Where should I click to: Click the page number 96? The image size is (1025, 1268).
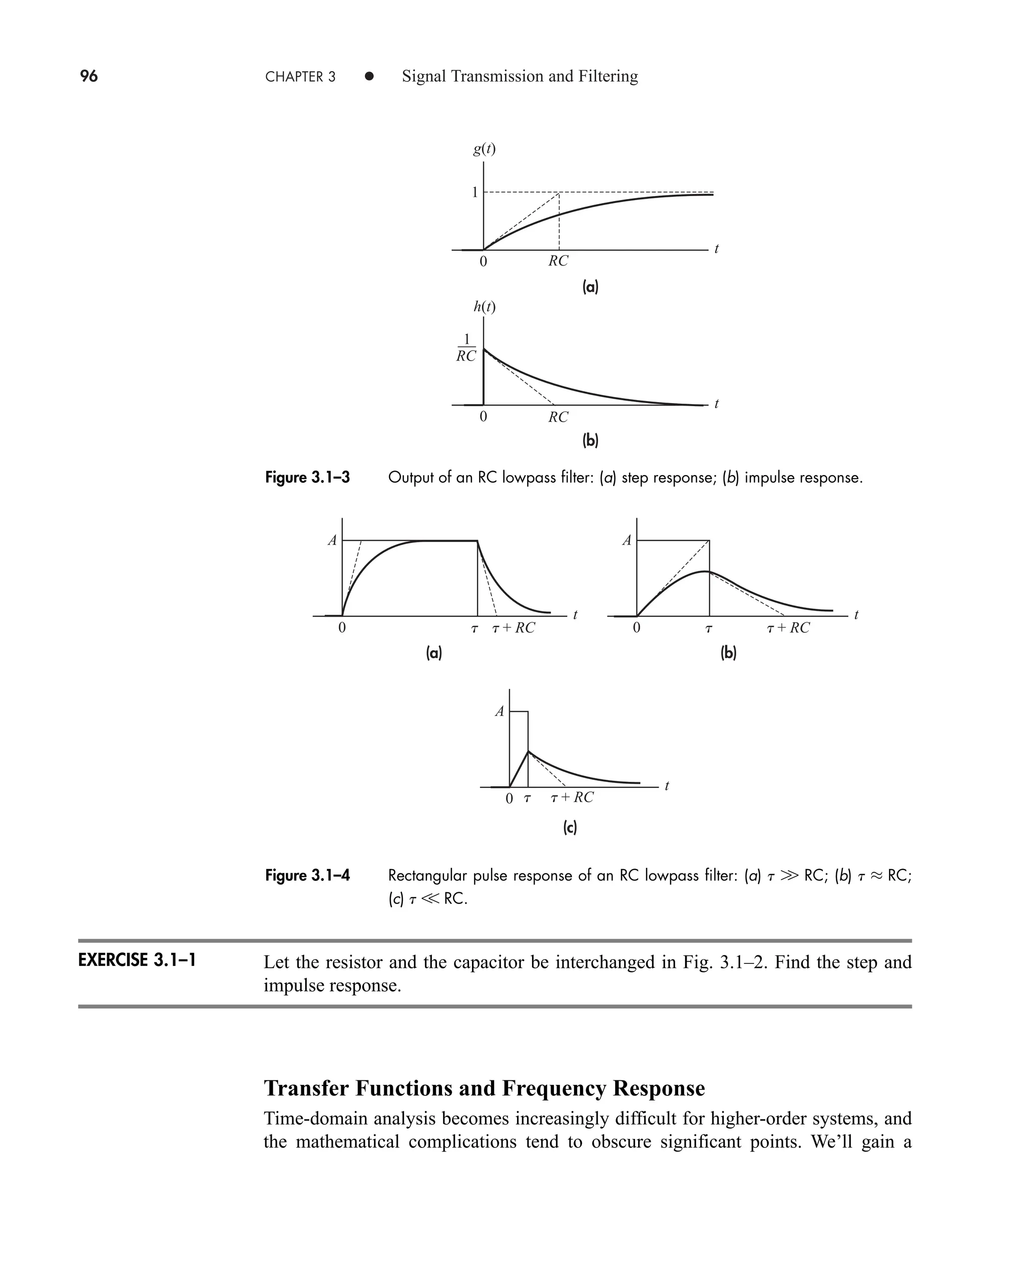(89, 76)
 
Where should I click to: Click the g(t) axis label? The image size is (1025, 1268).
(484, 149)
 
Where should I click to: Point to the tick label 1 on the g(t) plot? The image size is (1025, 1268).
(474, 193)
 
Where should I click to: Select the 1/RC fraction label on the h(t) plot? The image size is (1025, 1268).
(466, 348)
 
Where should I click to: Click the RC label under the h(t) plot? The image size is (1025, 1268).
(558, 417)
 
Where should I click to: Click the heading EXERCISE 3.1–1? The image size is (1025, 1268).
(137, 960)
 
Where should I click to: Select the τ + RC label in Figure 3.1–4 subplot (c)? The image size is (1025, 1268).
(572, 798)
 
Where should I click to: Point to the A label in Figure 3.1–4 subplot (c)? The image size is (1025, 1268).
(499, 712)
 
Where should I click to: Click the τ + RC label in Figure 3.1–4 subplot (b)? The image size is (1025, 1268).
(788, 628)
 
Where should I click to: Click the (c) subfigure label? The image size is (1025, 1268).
(570, 827)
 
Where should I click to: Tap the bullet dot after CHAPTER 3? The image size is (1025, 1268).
(369, 76)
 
